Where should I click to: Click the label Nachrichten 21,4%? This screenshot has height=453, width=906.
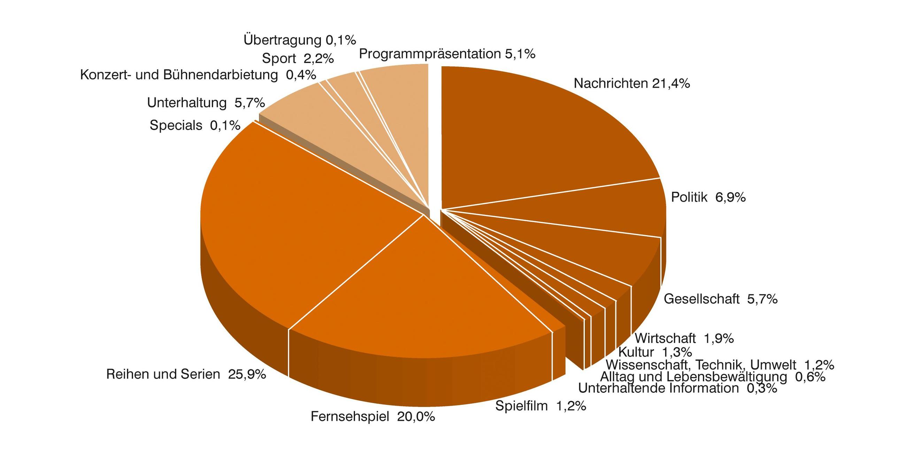coord(632,84)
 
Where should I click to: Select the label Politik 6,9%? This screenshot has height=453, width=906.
coord(708,197)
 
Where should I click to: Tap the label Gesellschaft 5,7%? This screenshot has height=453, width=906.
coord(720,299)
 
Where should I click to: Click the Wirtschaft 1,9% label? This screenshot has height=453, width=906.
coord(684,338)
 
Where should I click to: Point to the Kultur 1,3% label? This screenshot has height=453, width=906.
coord(655,352)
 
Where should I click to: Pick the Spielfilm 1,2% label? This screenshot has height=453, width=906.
coord(540,406)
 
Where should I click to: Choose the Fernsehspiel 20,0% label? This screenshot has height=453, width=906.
coord(373,417)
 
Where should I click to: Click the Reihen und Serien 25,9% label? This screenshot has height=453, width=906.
coord(186,374)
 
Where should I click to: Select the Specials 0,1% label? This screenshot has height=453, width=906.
coord(195,125)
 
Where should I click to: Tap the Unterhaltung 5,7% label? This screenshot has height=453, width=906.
coord(206,103)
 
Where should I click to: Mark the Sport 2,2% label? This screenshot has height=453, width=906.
coord(298,59)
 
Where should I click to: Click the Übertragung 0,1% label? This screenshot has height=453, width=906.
coord(300,40)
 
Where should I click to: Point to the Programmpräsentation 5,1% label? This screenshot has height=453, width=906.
coord(447,54)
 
